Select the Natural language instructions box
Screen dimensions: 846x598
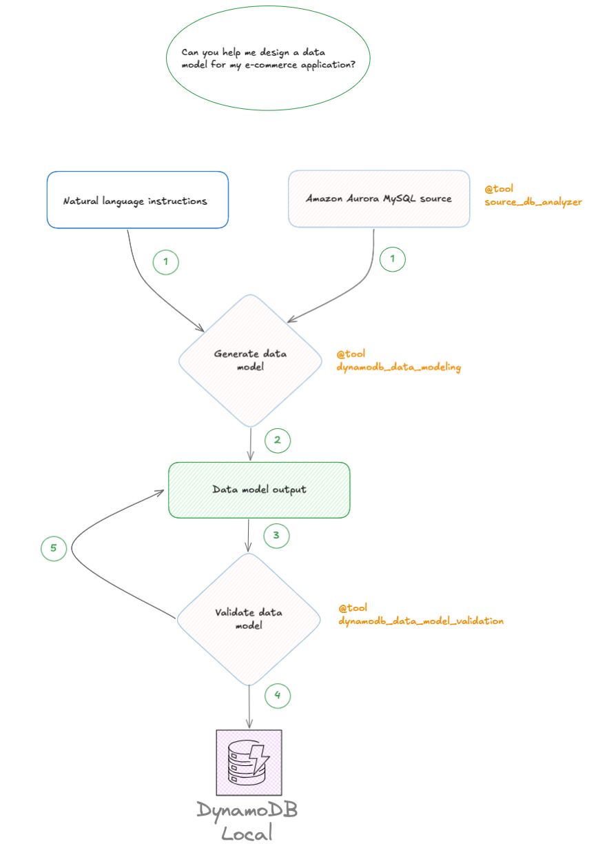pos(137,200)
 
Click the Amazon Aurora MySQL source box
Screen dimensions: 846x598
pos(379,199)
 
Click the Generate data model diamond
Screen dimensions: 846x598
pos(250,361)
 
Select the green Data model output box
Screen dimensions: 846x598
pos(259,490)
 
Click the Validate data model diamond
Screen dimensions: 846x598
pos(249,618)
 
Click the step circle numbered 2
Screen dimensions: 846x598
pos(278,440)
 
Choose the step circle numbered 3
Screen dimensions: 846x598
pos(276,535)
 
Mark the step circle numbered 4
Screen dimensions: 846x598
pos(278,695)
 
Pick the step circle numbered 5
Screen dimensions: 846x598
pos(54,549)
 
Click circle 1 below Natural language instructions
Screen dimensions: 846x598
pos(165,262)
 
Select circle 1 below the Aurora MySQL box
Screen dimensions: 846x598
pos(393,259)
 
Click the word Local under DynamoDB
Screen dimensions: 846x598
pos(247,832)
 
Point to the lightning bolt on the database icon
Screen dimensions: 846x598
pos(260,758)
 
